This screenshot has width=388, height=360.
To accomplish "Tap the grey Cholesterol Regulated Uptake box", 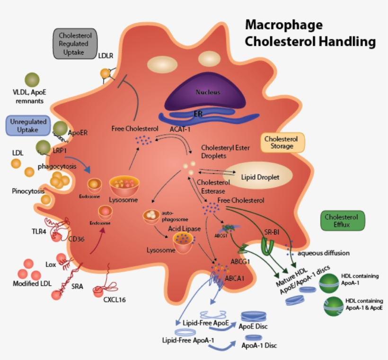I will pyautogui.click(x=75, y=44).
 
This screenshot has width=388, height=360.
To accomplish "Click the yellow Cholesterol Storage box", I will pyautogui.click(x=282, y=142).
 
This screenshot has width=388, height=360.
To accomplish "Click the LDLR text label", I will pyautogui.click(x=106, y=56).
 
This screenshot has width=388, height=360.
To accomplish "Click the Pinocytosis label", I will pyautogui.click(x=28, y=191).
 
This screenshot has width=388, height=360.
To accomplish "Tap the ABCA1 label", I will pyautogui.click(x=235, y=278).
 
